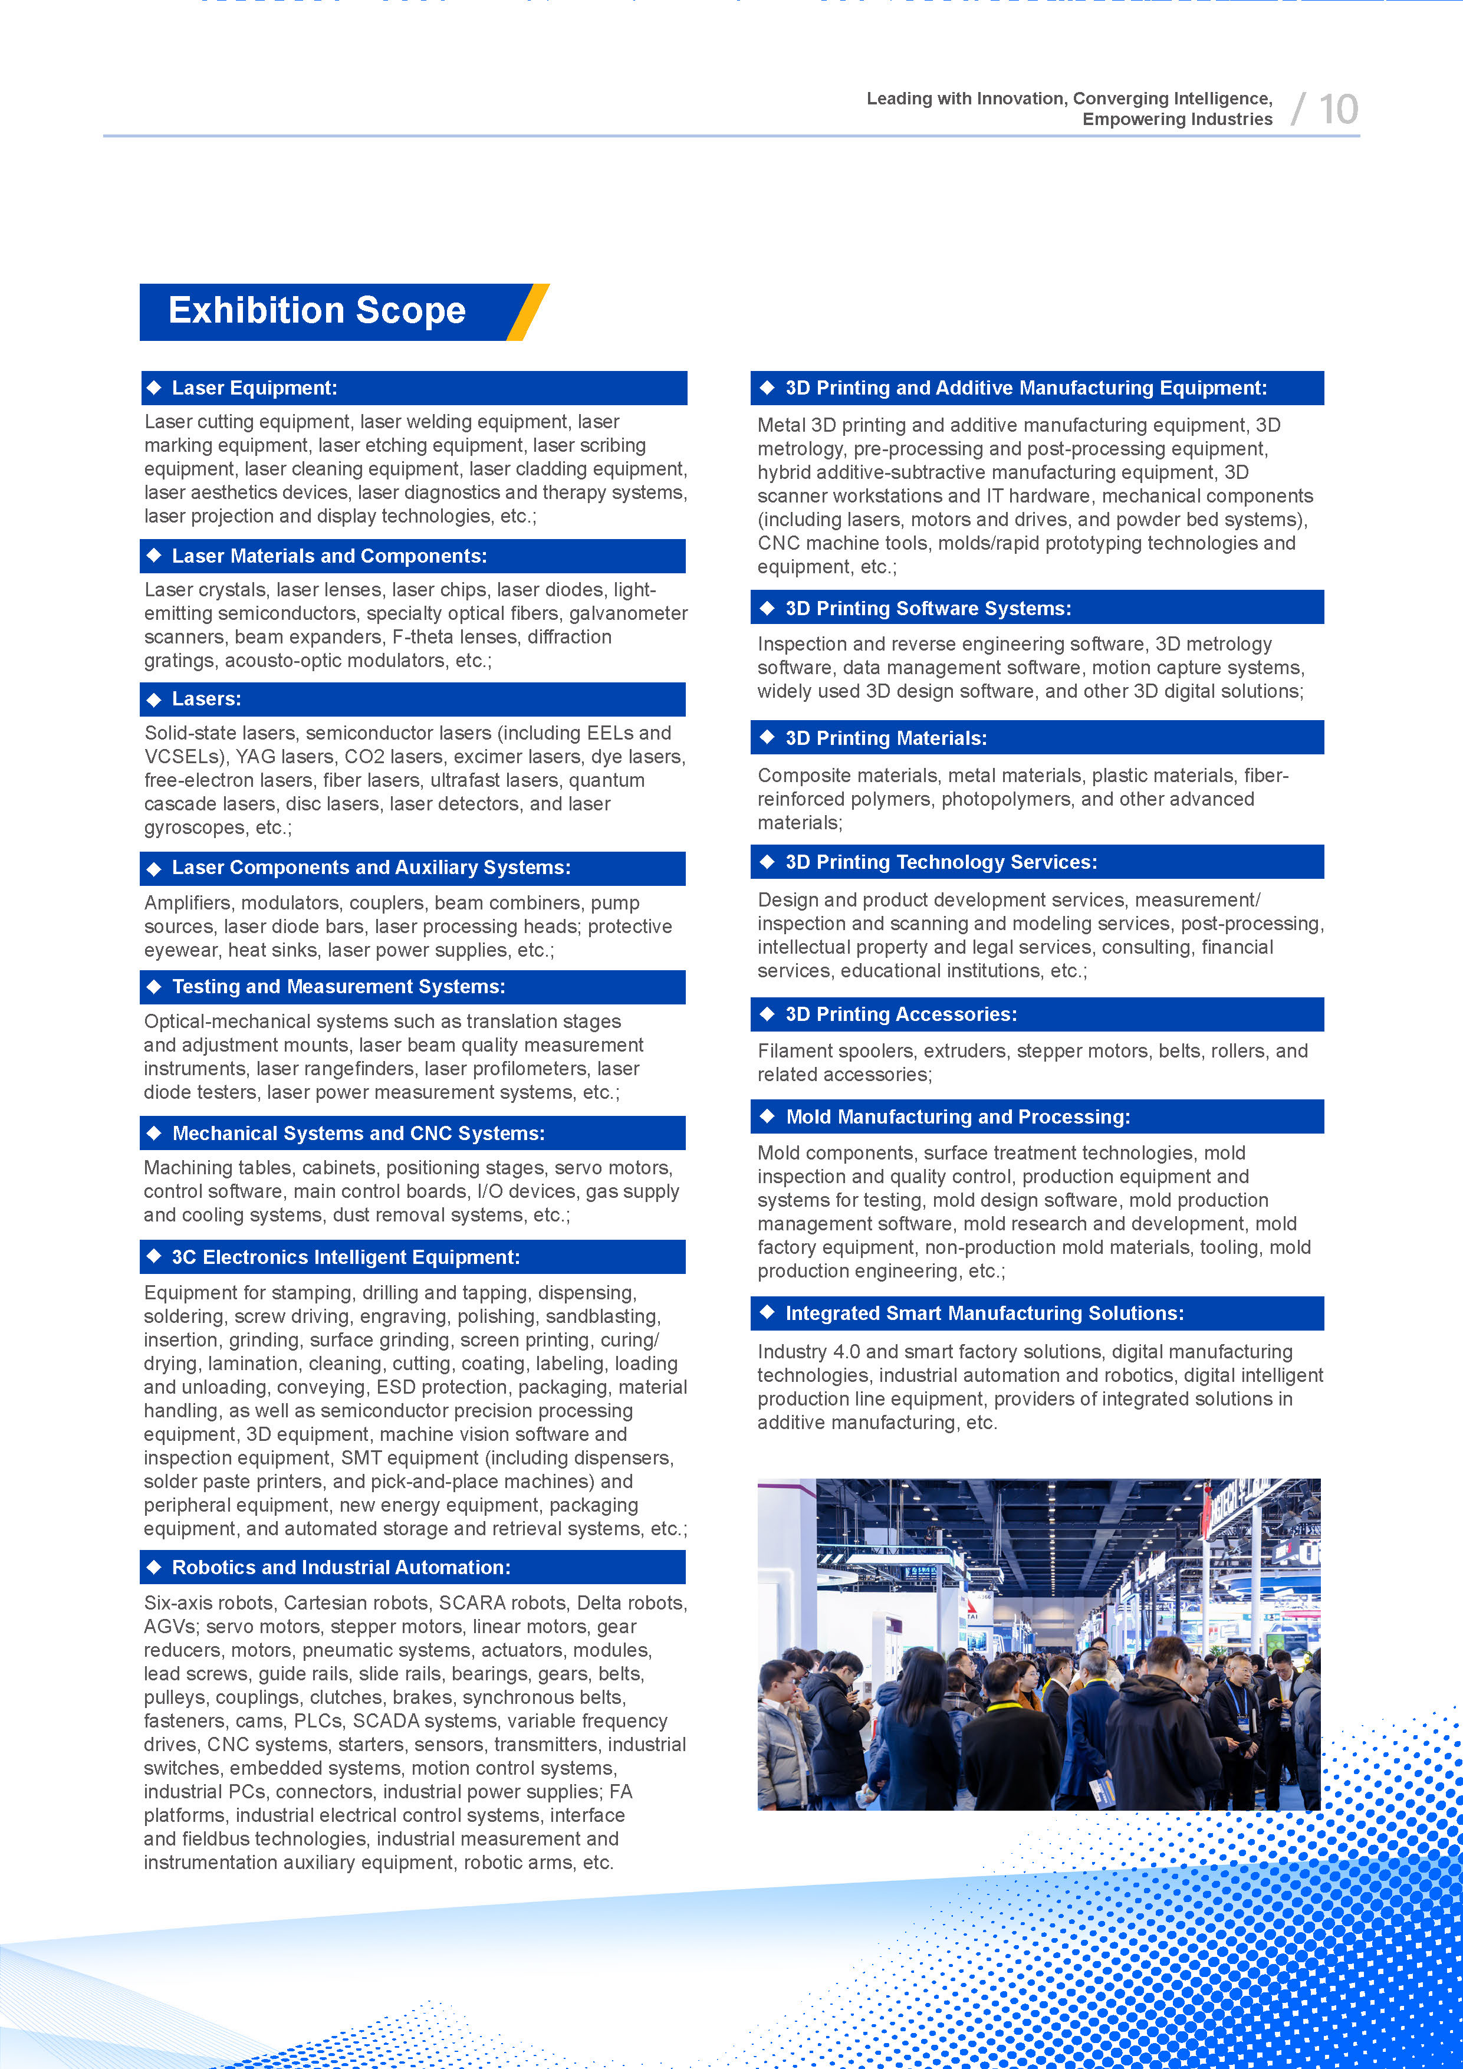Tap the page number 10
pyautogui.click(x=1338, y=110)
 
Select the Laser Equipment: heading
pyautogui.click(x=254, y=389)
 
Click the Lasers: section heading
pyautogui.click(x=206, y=699)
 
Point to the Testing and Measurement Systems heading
pyautogui.click(x=338, y=987)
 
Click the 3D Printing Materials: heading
pyautogui.click(x=886, y=738)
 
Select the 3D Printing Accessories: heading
pyautogui.click(x=901, y=1014)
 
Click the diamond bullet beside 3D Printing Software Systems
pyautogui.click(x=768, y=608)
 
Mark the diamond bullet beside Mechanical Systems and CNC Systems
pyautogui.click(x=154, y=1133)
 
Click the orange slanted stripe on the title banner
pyautogui.click(x=528, y=312)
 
